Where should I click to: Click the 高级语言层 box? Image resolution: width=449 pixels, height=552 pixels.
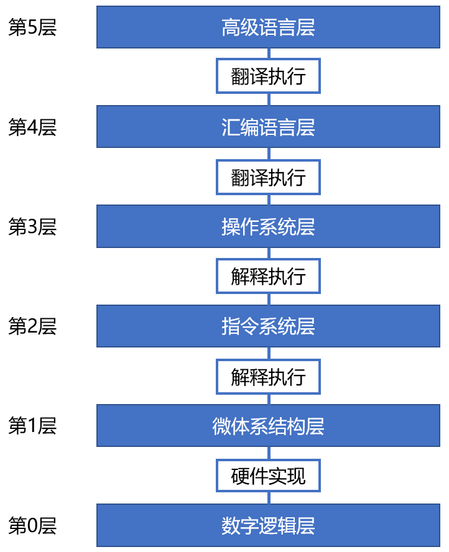pos(269,27)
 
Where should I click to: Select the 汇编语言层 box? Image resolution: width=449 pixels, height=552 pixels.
pos(269,126)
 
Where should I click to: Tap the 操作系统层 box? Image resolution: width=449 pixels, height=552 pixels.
pos(269,226)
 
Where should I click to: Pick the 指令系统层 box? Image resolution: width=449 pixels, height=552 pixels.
pos(269,326)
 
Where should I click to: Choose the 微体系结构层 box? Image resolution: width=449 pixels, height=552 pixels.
pos(269,426)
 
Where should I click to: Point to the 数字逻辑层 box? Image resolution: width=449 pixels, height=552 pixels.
pos(269,525)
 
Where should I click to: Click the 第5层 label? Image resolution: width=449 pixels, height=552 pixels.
pos(32,27)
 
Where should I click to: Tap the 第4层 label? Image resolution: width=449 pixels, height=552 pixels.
pos(32,127)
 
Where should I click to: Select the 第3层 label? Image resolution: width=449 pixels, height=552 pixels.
pos(32,226)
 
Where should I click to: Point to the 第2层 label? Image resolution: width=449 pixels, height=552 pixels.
pos(32,326)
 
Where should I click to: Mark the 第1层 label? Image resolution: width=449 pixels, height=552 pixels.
pos(32,426)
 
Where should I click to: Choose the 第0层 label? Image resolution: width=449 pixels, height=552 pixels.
pos(32,525)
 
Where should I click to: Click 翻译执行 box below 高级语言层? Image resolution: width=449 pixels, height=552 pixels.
pos(269,76)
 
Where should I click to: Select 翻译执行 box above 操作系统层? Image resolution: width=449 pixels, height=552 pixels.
pos(269,177)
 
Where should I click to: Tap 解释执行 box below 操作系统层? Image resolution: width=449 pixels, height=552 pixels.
pos(269,276)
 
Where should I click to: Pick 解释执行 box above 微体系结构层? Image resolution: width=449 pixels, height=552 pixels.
pos(269,377)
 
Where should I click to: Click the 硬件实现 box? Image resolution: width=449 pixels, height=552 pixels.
pos(269,476)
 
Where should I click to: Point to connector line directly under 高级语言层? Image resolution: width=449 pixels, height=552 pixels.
pos(269,53)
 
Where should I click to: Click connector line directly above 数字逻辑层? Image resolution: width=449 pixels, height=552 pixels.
pos(269,498)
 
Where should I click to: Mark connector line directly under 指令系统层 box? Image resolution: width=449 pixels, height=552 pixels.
pos(269,354)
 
